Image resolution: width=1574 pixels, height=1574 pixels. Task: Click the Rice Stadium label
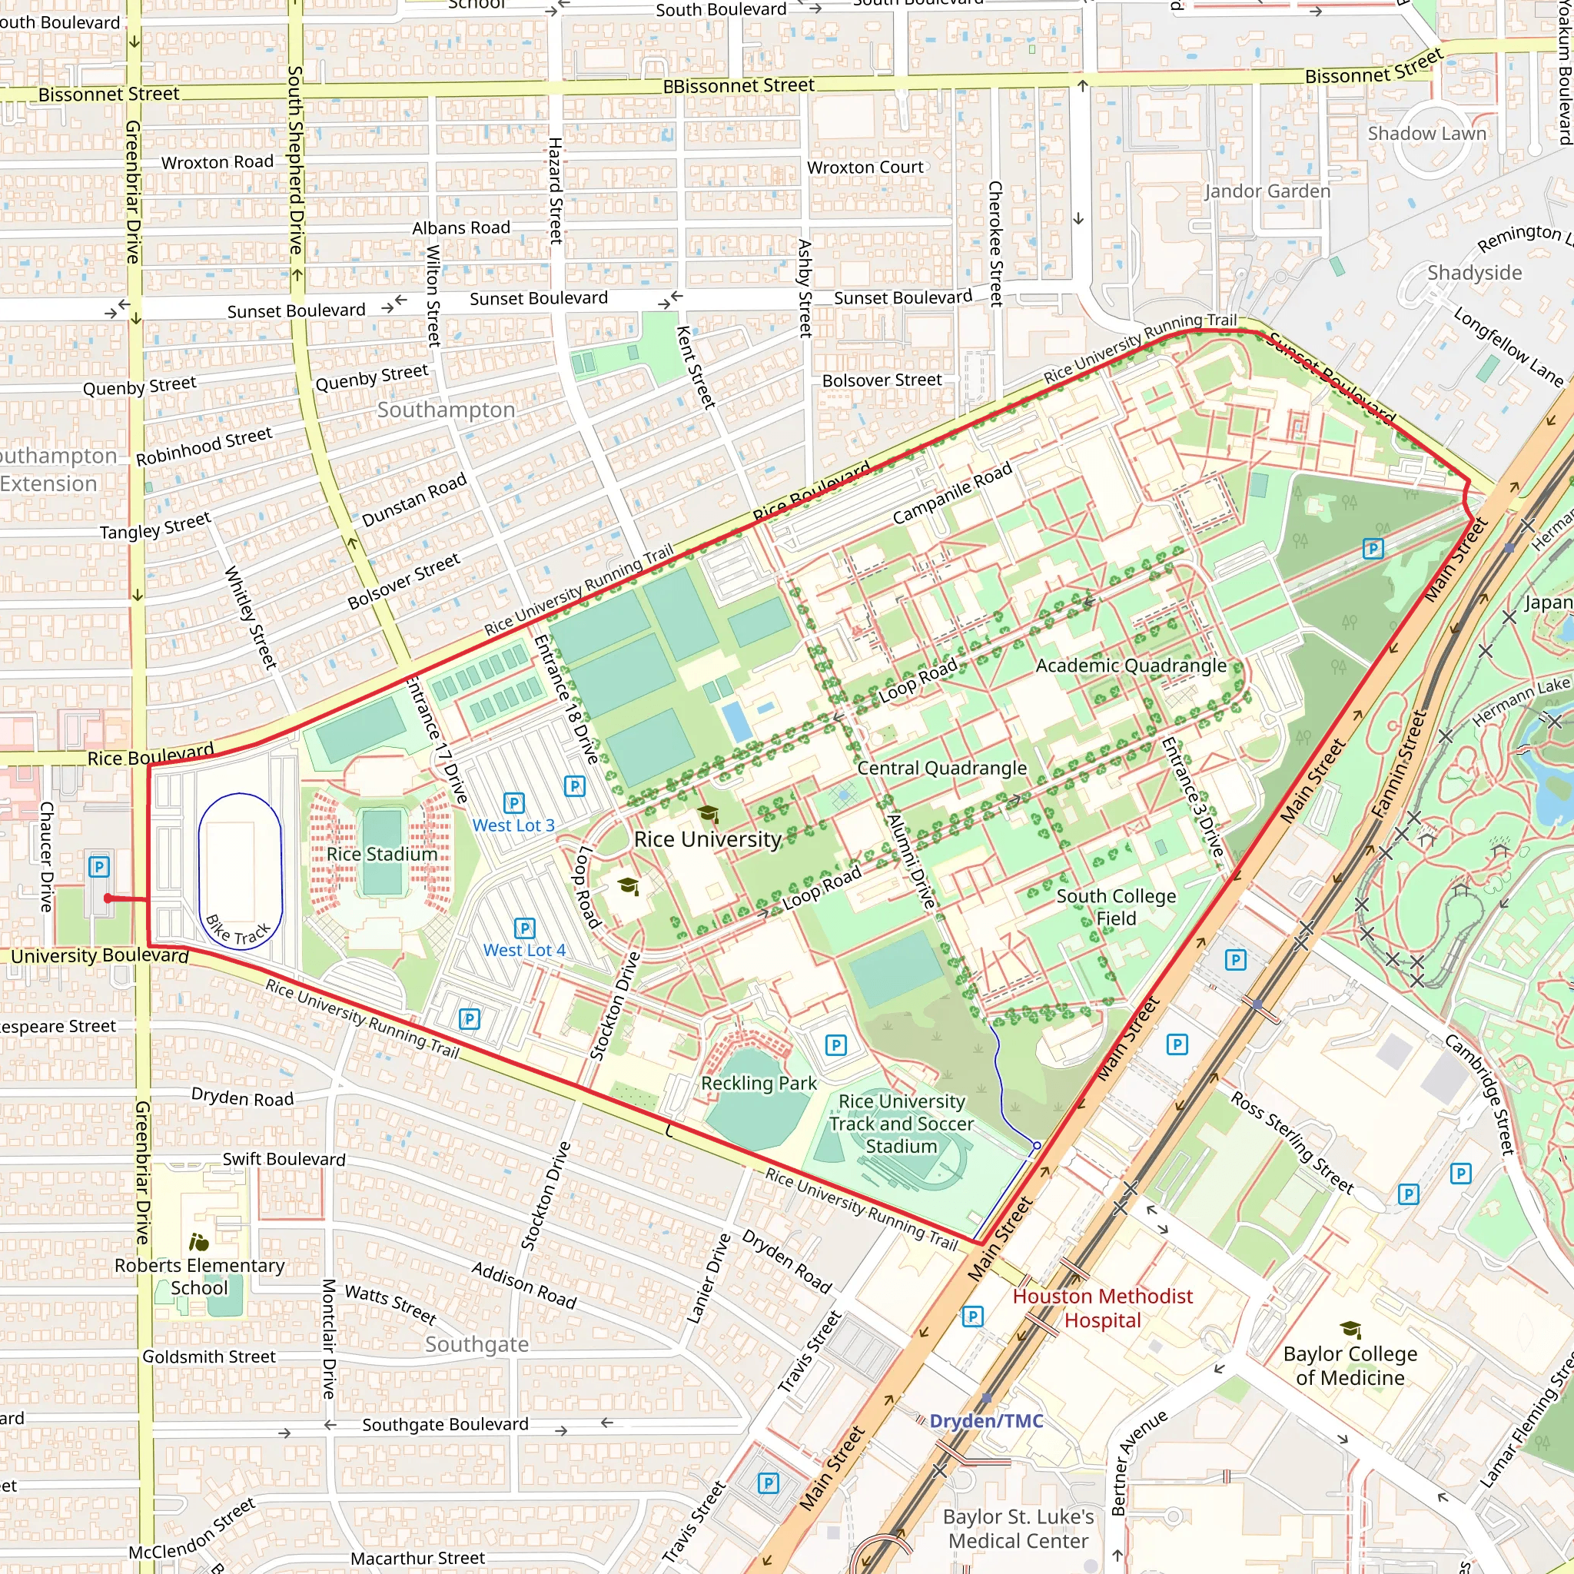click(x=382, y=854)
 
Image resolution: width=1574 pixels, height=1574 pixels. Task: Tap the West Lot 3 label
click(x=513, y=825)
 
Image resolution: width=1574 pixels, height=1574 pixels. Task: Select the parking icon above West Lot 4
click(x=525, y=928)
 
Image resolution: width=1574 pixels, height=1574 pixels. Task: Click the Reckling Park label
click(x=759, y=1084)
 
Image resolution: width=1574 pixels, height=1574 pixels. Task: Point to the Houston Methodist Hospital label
click(x=1102, y=1307)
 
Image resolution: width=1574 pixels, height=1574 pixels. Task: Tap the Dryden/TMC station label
click(x=986, y=1421)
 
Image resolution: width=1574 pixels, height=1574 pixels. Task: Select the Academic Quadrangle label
click(x=1130, y=666)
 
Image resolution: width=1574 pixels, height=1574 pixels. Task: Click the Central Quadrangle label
click(x=941, y=769)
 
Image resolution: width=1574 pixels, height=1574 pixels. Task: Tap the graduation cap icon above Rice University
click(x=708, y=813)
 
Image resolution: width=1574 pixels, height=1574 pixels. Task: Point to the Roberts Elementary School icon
click(x=199, y=1243)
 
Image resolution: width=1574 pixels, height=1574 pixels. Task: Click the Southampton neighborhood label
click(x=446, y=410)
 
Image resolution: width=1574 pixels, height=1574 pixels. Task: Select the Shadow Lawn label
click(x=1426, y=134)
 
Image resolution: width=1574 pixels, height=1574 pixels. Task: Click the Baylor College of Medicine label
click(x=1350, y=1366)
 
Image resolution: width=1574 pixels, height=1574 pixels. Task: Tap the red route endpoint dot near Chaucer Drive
click(x=108, y=898)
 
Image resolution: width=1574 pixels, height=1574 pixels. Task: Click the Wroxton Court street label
click(x=865, y=167)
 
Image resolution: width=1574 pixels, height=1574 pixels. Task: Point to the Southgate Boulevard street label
click(x=445, y=1424)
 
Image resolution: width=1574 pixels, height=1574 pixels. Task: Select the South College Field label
click(x=1115, y=907)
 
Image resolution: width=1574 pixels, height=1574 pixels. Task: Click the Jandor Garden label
click(x=1267, y=191)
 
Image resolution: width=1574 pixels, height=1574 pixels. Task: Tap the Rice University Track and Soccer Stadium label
click(x=901, y=1124)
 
